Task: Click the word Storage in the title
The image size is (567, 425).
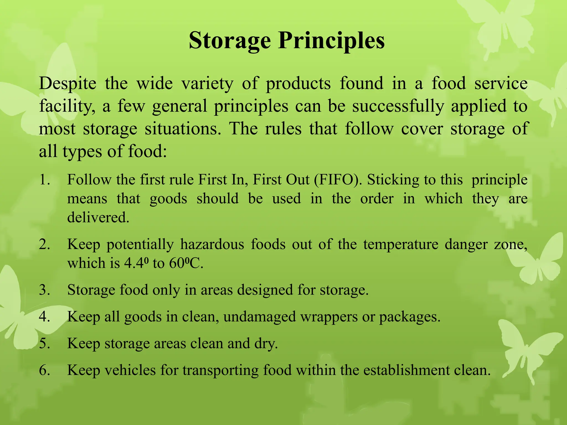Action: (x=230, y=41)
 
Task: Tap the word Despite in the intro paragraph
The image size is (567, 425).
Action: (x=68, y=83)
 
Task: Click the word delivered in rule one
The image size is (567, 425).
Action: (x=98, y=217)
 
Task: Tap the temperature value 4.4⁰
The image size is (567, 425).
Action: (x=134, y=263)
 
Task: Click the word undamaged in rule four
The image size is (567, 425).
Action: (x=259, y=317)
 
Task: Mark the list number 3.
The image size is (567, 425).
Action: (x=44, y=290)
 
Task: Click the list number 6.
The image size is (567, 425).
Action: (x=44, y=370)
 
